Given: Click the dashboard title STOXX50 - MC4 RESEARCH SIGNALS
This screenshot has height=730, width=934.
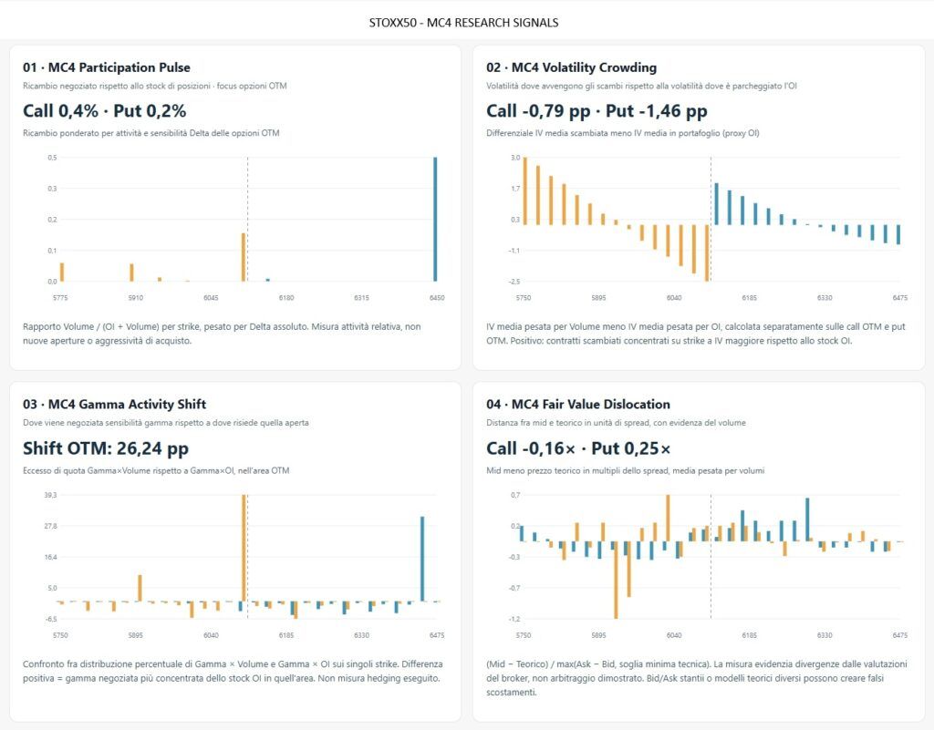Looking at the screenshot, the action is [463, 23].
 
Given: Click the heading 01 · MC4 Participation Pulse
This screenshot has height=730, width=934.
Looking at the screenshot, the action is [107, 67].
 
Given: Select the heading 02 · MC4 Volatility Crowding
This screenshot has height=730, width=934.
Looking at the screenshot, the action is [571, 67].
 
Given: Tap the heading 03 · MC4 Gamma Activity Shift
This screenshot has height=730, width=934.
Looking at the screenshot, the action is [114, 404].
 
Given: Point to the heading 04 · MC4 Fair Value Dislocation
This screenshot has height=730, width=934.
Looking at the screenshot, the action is [577, 404].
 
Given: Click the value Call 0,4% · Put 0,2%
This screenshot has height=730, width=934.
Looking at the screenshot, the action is [104, 110].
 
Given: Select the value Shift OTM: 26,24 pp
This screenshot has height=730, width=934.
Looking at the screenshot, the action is [106, 448].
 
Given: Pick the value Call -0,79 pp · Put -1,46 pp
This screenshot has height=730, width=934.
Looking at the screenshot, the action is [597, 110].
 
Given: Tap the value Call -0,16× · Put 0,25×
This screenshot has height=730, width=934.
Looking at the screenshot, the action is [578, 448].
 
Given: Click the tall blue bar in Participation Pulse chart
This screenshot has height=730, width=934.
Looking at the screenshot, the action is [435, 219].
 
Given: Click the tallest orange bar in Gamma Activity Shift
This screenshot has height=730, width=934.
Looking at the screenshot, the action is [244, 548].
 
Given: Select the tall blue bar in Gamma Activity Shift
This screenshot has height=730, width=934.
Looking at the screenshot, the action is [422, 559].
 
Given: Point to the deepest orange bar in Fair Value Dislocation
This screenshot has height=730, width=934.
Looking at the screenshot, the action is [616, 580].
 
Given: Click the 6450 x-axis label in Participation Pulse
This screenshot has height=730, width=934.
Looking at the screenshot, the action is [437, 297].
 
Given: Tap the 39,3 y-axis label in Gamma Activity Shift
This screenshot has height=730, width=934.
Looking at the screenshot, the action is [50, 495].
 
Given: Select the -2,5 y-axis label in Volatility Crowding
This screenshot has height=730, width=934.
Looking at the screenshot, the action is [514, 282].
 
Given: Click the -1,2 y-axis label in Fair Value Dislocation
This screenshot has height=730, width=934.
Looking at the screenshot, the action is [514, 619].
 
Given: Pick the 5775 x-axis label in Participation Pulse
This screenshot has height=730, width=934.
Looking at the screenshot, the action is [60, 297].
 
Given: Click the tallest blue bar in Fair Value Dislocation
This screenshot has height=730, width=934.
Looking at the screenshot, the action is [808, 519].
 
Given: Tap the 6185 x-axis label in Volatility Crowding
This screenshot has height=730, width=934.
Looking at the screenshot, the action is [750, 297].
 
